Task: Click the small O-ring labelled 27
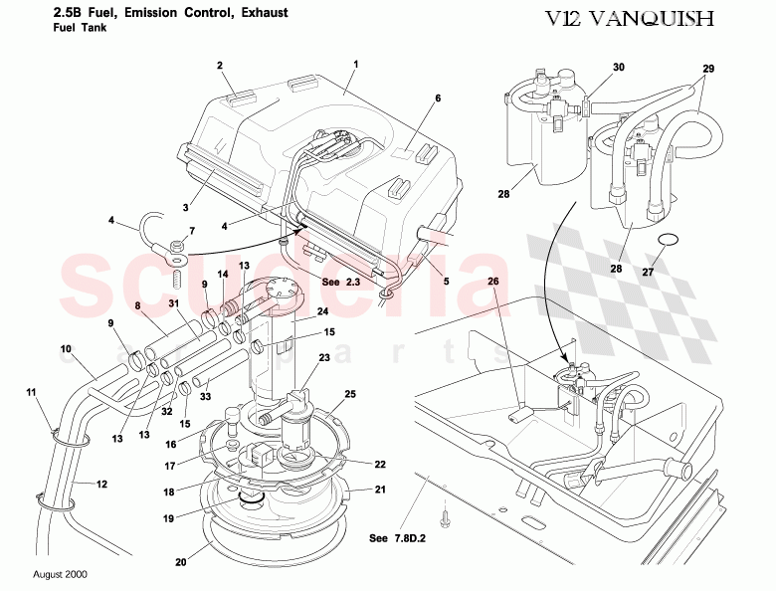pos(670,240)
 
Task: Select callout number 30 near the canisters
pos(618,68)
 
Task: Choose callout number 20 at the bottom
pos(180,562)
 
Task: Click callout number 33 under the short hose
pos(205,397)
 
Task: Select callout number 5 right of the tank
pos(446,282)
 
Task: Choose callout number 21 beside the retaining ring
pos(380,490)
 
